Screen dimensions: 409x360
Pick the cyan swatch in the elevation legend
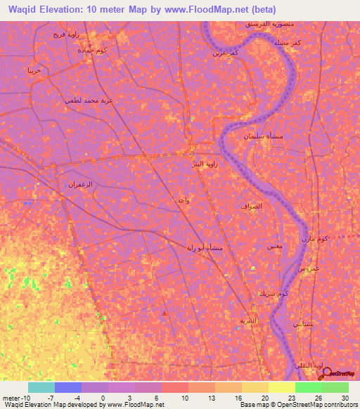coord(41,387)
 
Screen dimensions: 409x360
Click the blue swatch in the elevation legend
coord(68,387)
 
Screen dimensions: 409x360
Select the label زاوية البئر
coord(209,163)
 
